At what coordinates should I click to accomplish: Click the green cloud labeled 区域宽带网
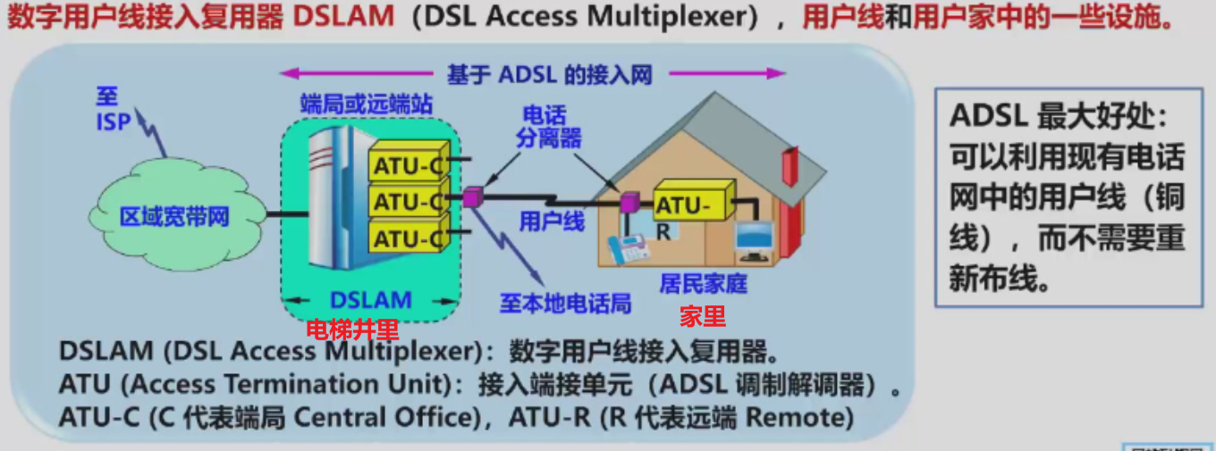tap(175, 215)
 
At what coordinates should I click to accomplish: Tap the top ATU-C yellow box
tap(407, 165)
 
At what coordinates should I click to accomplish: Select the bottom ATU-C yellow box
tap(407, 238)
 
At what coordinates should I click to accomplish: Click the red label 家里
tap(703, 315)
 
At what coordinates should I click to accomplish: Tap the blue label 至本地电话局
tap(565, 303)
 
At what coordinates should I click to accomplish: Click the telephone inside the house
tap(629, 248)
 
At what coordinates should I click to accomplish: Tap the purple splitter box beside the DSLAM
tap(471, 197)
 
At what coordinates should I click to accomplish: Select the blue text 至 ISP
tap(114, 110)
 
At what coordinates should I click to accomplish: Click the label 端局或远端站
tap(366, 104)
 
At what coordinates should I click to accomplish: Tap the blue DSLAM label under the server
tap(371, 300)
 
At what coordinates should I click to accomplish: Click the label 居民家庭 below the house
tap(703, 284)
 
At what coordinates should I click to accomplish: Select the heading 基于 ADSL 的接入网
tap(550, 74)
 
